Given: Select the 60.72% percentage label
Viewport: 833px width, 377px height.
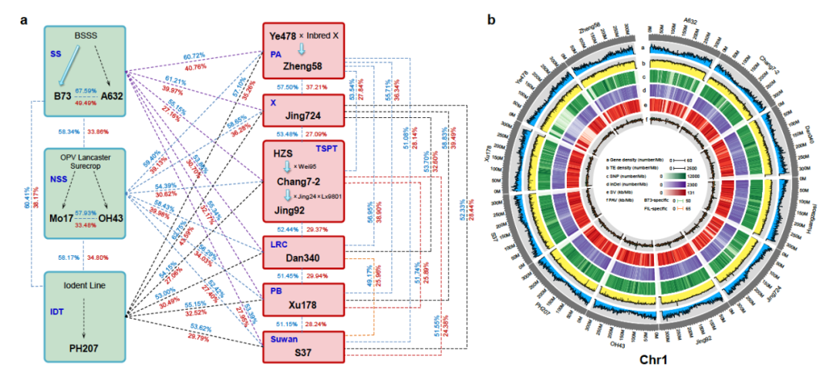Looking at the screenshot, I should (195, 57).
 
